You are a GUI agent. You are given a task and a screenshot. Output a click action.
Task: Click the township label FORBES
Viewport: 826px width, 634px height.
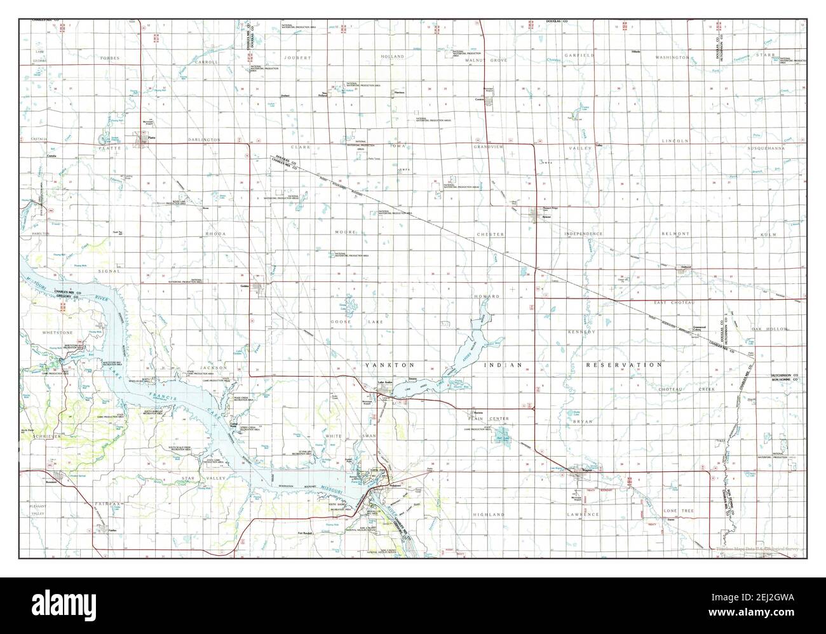109,57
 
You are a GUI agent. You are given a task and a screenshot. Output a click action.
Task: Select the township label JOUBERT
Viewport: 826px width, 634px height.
298,57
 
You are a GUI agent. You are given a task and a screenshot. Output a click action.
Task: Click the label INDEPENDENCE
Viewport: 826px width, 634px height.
583,234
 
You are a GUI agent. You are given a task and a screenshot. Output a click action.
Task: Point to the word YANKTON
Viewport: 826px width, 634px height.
389,365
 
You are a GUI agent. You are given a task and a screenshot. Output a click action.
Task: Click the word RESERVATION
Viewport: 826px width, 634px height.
624,365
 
